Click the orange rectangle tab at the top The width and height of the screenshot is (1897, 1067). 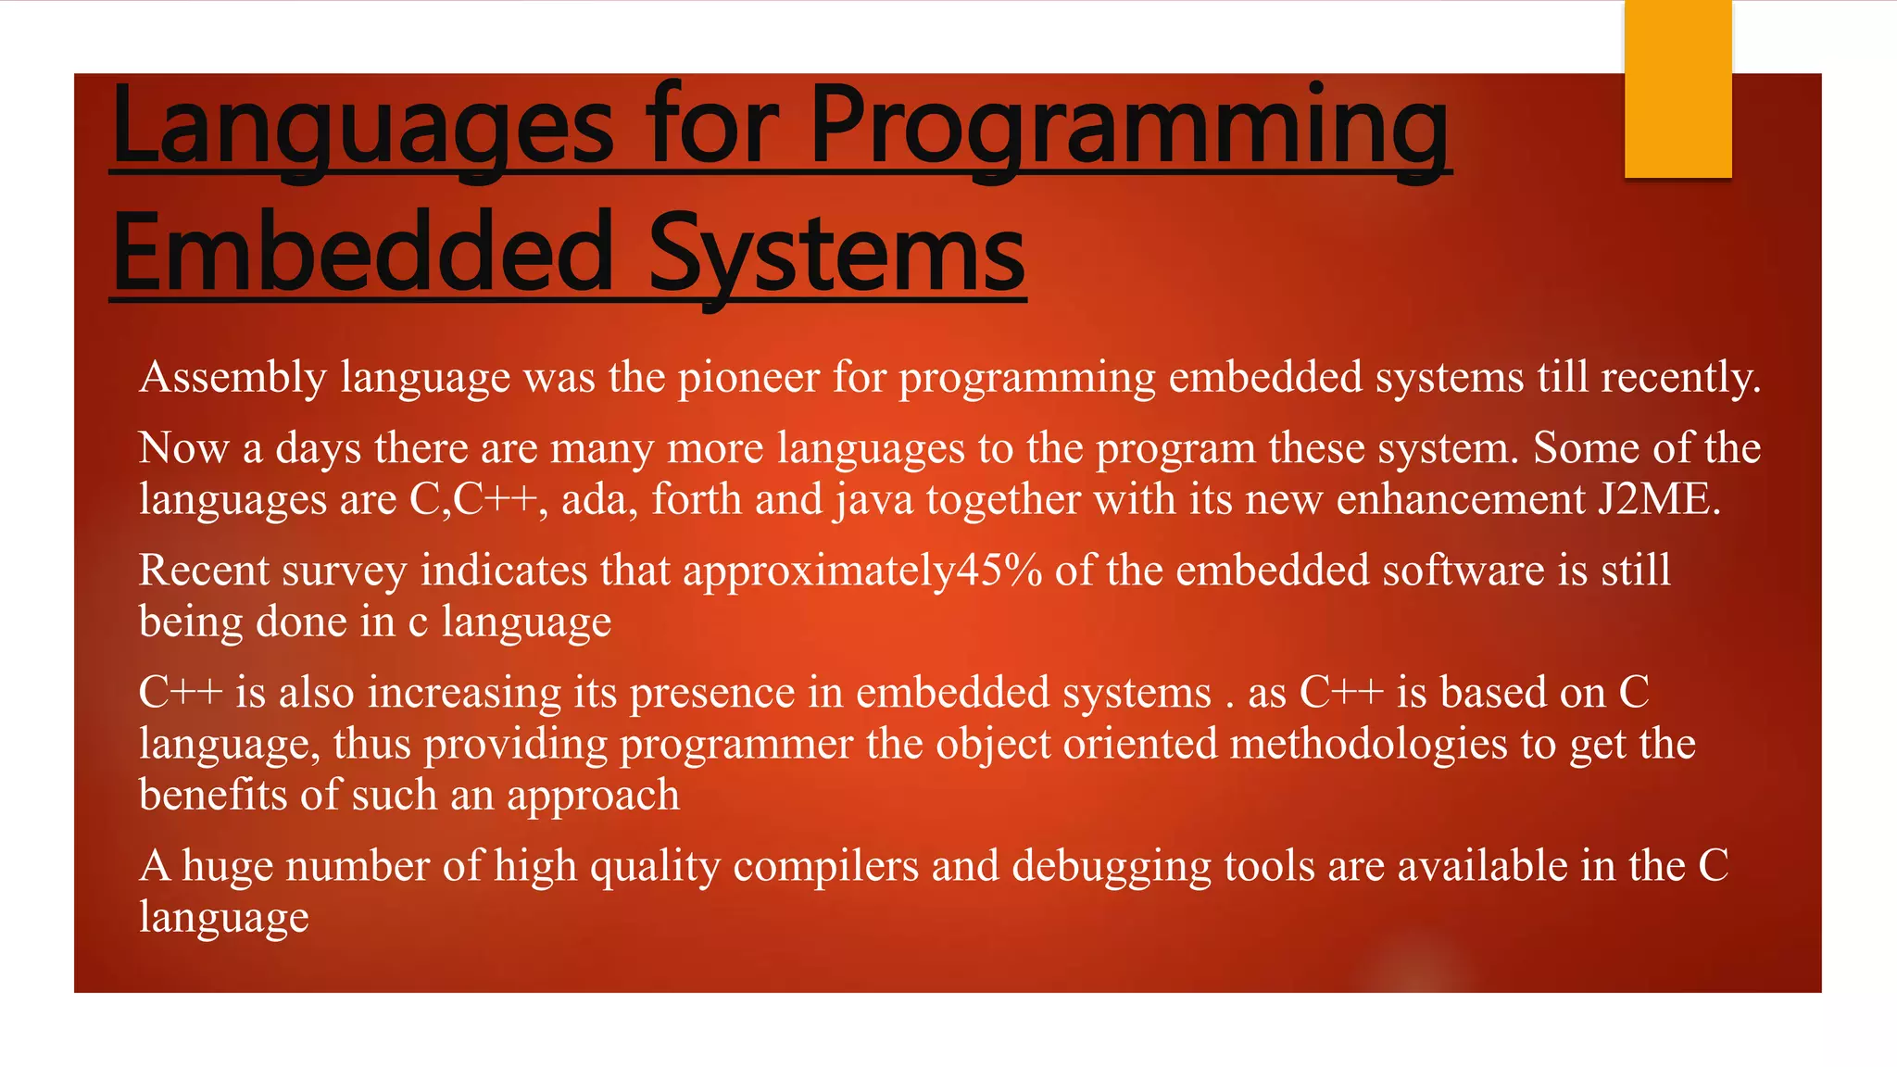1677,89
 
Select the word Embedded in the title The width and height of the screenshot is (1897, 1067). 362,252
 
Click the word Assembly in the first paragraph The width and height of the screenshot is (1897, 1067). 232,378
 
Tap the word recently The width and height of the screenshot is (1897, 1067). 1680,378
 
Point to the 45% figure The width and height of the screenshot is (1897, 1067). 999,571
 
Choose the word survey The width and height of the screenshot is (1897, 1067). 344,571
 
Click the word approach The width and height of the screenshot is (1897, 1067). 593,796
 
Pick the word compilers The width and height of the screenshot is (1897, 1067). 826,867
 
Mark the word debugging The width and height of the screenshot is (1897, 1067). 1112,867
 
